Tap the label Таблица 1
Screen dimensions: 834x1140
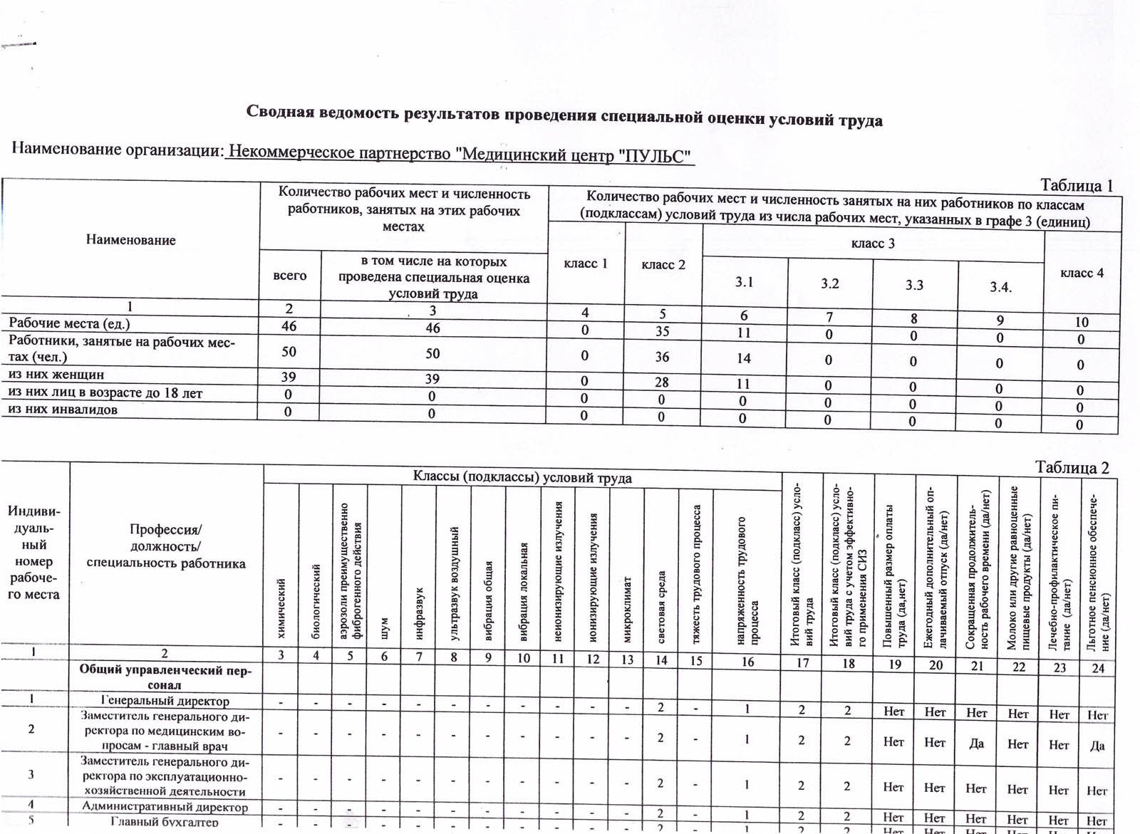1077,185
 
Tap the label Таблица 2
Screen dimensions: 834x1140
1072,467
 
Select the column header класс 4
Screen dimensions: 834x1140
1082,273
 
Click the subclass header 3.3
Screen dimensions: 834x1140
914,285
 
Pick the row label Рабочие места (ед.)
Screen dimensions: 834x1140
69,323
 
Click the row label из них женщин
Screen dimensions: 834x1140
56,374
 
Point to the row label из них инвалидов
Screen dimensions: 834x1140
63,410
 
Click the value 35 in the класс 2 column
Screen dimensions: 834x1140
663,331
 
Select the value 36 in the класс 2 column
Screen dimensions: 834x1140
663,357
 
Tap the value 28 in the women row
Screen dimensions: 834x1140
662,382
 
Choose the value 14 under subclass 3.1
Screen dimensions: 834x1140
744,358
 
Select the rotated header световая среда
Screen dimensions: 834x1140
661,606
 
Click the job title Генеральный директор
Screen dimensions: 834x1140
165,701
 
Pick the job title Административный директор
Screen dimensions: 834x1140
165,807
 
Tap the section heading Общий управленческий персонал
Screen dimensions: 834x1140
165,677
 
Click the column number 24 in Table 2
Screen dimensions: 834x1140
1098,668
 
